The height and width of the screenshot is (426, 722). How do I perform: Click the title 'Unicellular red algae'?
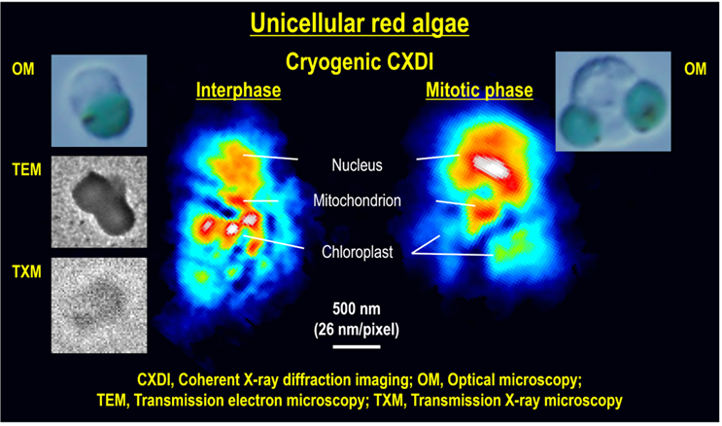click(x=360, y=24)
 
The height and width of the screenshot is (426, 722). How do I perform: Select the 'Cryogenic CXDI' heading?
click(x=360, y=61)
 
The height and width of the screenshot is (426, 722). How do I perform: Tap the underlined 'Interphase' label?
click(x=238, y=90)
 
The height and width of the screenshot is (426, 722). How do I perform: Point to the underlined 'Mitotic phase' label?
click(x=479, y=89)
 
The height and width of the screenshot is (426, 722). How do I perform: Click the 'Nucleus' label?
click(x=357, y=165)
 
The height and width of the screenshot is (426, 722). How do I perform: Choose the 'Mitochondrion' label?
click(x=357, y=200)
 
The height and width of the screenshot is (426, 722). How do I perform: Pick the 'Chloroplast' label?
click(x=358, y=252)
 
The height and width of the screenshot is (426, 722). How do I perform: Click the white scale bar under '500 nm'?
click(x=357, y=346)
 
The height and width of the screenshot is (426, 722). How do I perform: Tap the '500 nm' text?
click(x=357, y=308)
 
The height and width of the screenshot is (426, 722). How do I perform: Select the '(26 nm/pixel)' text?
click(x=357, y=330)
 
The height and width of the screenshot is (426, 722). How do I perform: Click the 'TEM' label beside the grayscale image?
click(x=26, y=169)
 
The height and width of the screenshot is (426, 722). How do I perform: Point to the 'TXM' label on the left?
click(x=26, y=271)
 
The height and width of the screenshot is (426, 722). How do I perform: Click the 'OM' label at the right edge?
click(x=695, y=69)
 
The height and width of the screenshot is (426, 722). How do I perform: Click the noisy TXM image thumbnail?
click(x=99, y=305)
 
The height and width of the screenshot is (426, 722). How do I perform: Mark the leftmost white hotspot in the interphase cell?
click(x=207, y=225)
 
